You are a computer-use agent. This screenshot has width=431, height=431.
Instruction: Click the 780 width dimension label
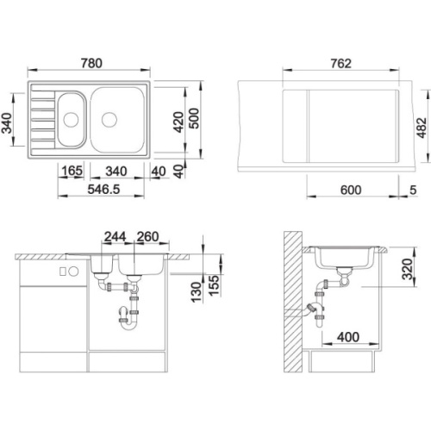(91, 63)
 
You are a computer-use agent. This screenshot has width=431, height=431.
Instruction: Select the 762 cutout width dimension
(340, 63)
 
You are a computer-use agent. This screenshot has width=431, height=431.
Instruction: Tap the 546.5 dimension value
(103, 190)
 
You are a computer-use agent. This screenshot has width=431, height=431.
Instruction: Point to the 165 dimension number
(72, 172)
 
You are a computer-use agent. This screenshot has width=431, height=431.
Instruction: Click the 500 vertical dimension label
(195, 118)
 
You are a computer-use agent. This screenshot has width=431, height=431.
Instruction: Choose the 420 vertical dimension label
(179, 122)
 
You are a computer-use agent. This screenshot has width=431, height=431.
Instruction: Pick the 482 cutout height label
(422, 128)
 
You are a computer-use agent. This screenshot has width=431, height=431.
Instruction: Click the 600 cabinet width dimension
(351, 190)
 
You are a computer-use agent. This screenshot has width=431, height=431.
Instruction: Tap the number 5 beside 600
(413, 190)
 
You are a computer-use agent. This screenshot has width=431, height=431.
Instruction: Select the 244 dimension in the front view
(115, 237)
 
